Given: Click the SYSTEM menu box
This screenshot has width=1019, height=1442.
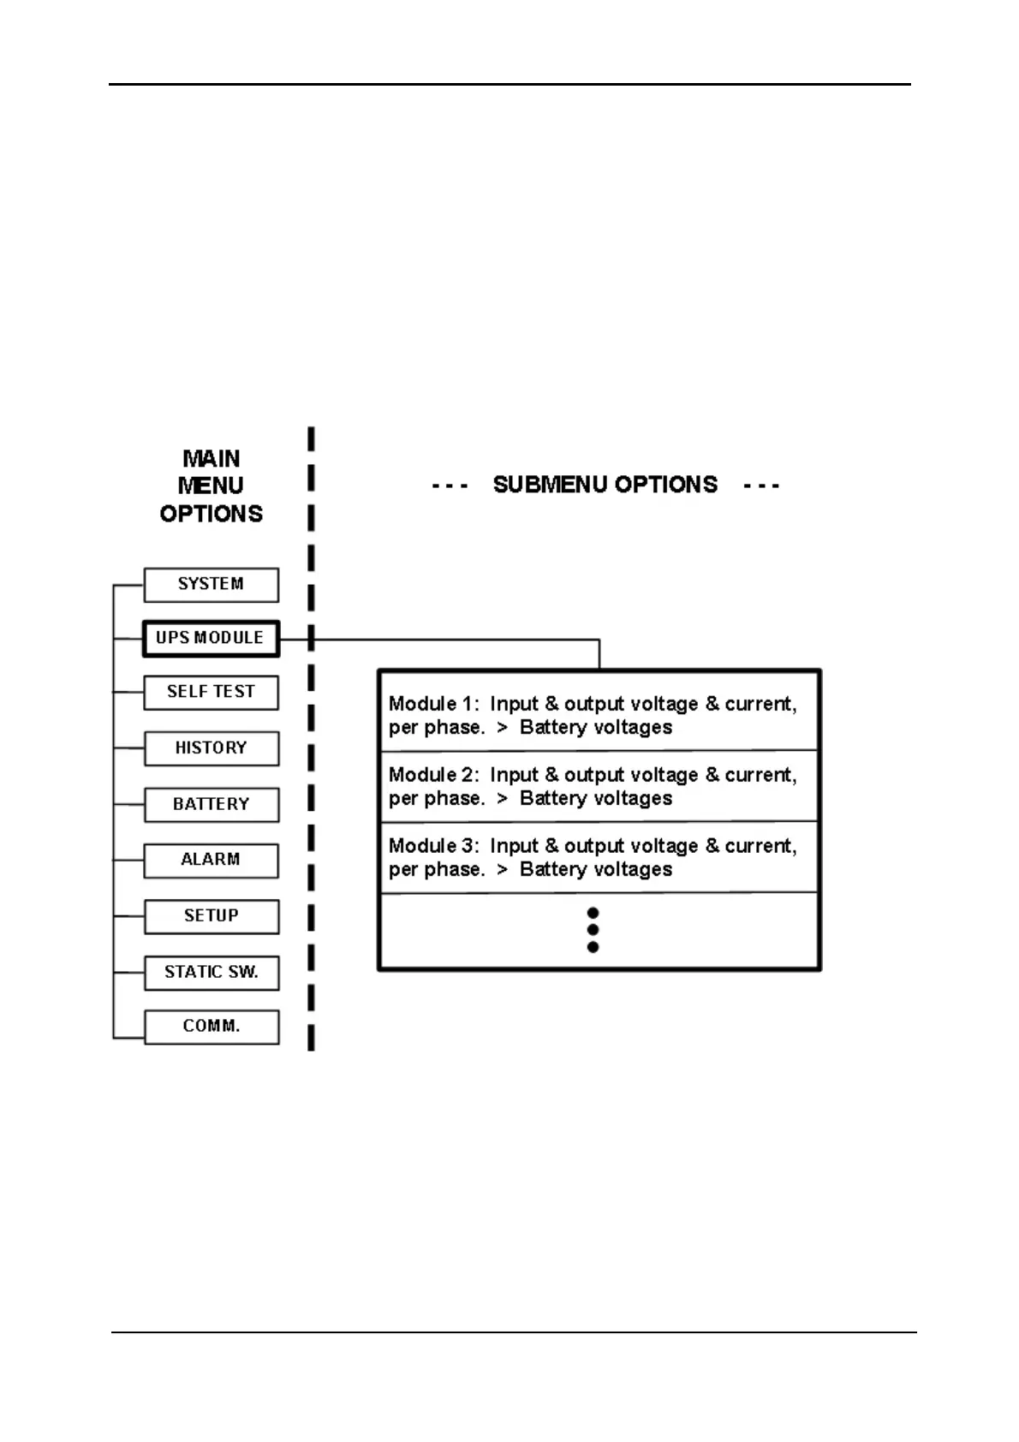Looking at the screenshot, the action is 211,585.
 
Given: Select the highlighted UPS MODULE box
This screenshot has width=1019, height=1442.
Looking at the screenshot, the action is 211,639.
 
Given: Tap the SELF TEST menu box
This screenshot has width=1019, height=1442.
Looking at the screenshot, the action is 211,693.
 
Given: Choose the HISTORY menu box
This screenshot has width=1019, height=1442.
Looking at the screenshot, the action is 211,748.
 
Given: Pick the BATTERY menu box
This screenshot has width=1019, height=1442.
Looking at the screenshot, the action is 211,805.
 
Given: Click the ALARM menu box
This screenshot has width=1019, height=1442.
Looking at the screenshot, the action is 211,861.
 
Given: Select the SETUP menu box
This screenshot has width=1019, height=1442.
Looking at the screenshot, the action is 211,916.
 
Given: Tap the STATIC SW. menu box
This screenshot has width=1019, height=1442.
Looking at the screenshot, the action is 211,973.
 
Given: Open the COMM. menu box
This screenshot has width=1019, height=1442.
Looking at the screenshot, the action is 211,1027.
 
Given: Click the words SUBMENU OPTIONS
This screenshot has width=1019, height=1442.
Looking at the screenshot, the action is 605,485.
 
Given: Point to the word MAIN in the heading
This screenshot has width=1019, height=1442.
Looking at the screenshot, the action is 212,458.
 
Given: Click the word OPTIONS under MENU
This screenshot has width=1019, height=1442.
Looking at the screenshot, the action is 212,514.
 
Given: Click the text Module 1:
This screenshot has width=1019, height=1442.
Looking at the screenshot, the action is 433,704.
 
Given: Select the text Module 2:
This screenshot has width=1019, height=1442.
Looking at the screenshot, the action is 433,775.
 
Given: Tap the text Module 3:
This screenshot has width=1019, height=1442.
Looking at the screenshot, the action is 433,846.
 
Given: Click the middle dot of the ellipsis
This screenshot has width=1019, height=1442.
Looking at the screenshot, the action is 593,930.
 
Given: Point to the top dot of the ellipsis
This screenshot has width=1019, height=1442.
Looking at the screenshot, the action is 593,914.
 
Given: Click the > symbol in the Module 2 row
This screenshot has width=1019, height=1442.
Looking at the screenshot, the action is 503,799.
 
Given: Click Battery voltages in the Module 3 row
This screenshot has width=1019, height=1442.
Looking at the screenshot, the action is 596,870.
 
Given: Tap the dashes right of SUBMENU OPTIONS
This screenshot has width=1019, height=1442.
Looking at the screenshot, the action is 761,486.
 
